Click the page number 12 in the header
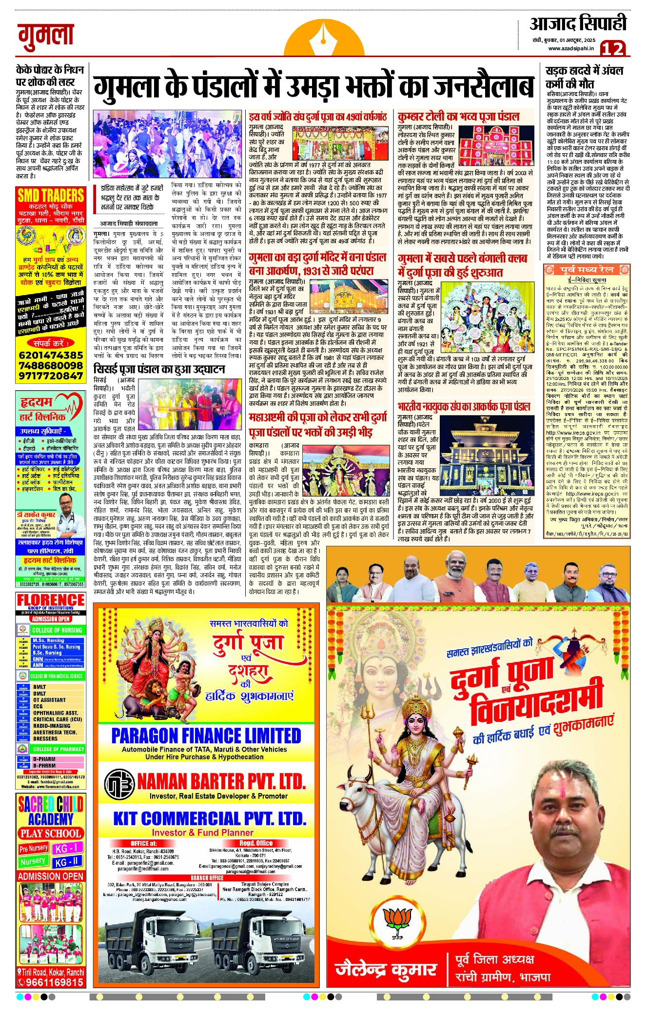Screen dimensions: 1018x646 click(613, 48)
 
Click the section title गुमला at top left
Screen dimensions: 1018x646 click(46, 36)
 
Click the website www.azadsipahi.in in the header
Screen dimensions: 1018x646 click(571, 48)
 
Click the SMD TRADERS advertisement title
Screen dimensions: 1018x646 click(51, 196)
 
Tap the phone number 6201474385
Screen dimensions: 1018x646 click(51, 355)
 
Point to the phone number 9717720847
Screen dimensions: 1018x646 click(51, 376)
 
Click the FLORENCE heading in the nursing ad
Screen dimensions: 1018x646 click(51, 599)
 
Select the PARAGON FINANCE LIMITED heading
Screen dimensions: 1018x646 click(206, 735)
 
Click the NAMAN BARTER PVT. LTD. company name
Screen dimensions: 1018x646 click(221, 782)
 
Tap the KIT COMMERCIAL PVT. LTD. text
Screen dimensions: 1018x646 click(210, 818)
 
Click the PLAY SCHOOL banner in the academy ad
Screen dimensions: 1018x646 click(51, 833)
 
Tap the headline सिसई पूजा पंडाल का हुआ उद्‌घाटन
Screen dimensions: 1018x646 click(159, 369)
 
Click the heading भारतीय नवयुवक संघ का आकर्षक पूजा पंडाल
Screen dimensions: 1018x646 click(463, 407)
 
